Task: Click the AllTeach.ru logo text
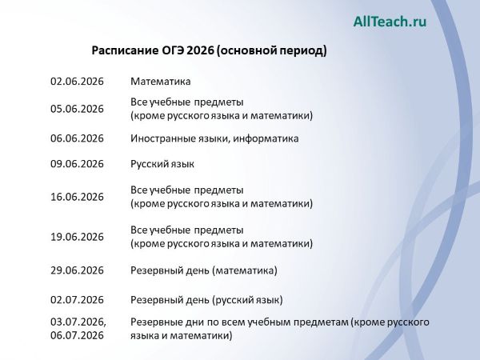coord(390,22)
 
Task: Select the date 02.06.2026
coord(77,82)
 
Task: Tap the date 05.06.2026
coord(77,109)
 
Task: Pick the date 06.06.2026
coord(77,138)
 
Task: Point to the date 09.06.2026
coord(77,164)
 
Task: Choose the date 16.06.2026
coord(77,197)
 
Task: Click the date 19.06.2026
coord(77,237)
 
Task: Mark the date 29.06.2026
coord(77,270)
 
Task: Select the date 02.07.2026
coord(77,300)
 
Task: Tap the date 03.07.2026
coord(78,322)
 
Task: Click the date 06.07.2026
coord(77,336)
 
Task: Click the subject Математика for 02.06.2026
coord(161,82)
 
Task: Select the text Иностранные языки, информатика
coord(214,138)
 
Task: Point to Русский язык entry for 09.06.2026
coord(162,164)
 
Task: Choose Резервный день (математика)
coord(204,270)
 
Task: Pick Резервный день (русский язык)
coord(206,300)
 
